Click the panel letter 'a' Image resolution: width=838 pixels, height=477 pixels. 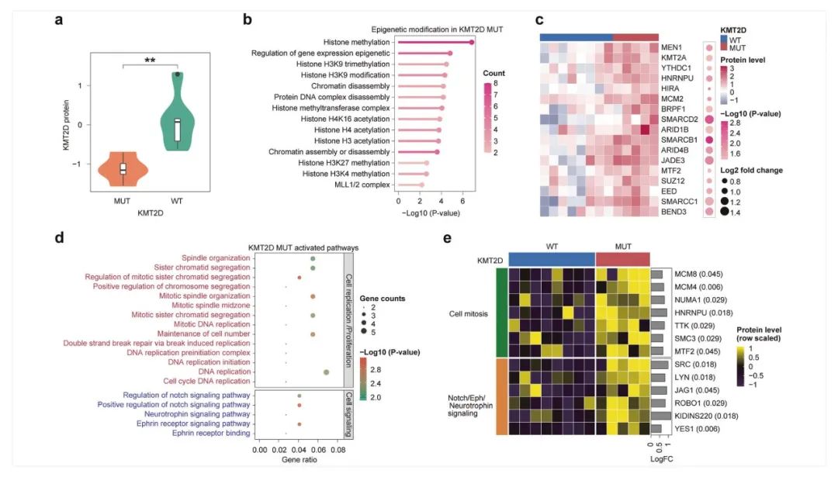coord(59,21)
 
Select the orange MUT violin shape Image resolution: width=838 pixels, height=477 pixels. coord(123,168)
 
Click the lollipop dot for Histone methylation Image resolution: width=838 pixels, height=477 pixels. coord(472,41)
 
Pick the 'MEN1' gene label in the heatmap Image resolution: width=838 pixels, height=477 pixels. coord(672,47)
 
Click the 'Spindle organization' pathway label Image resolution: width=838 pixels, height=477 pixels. coord(216,258)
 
